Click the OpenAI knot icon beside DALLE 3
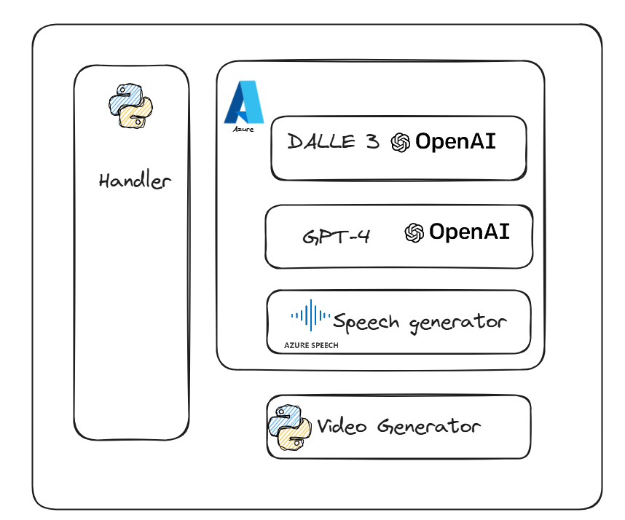[x=401, y=142]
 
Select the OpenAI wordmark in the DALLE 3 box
[x=455, y=141]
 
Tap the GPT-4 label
[x=336, y=237]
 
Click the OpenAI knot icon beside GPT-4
[x=414, y=232]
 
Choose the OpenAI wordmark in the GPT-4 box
[x=469, y=232]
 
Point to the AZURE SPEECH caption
[x=312, y=345]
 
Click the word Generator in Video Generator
[x=429, y=427]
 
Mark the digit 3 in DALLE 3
[x=372, y=141]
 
